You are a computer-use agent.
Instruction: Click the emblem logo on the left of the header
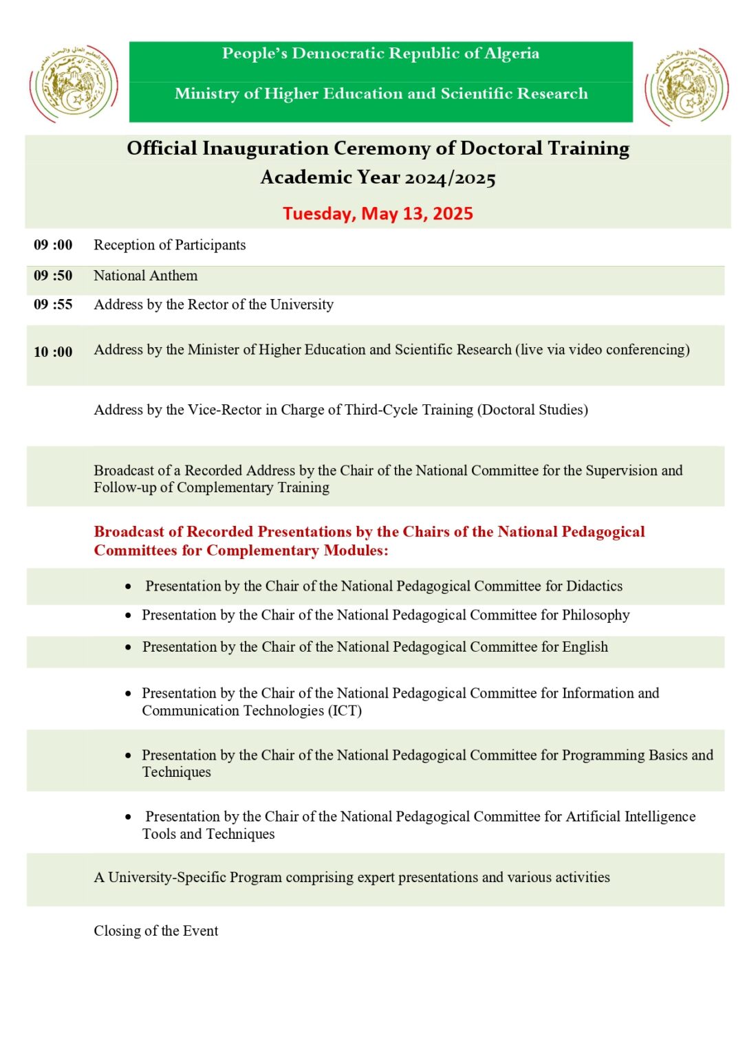[74, 84]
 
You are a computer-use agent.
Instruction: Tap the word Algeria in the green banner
[511, 54]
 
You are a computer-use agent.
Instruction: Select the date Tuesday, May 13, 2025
[378, 214]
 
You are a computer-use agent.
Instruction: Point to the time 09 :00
[53, 245]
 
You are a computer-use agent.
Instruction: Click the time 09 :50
[53, 276]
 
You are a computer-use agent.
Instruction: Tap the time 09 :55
[53, 305]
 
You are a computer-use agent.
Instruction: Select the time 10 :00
[53, 352]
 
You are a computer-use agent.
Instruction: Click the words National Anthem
[146, 276]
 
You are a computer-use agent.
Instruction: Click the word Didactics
[594, 586]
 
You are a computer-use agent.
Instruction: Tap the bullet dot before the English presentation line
[129, 648]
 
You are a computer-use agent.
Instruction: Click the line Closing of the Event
[156, 931]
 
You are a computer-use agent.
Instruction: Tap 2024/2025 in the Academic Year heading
[450, 178]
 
